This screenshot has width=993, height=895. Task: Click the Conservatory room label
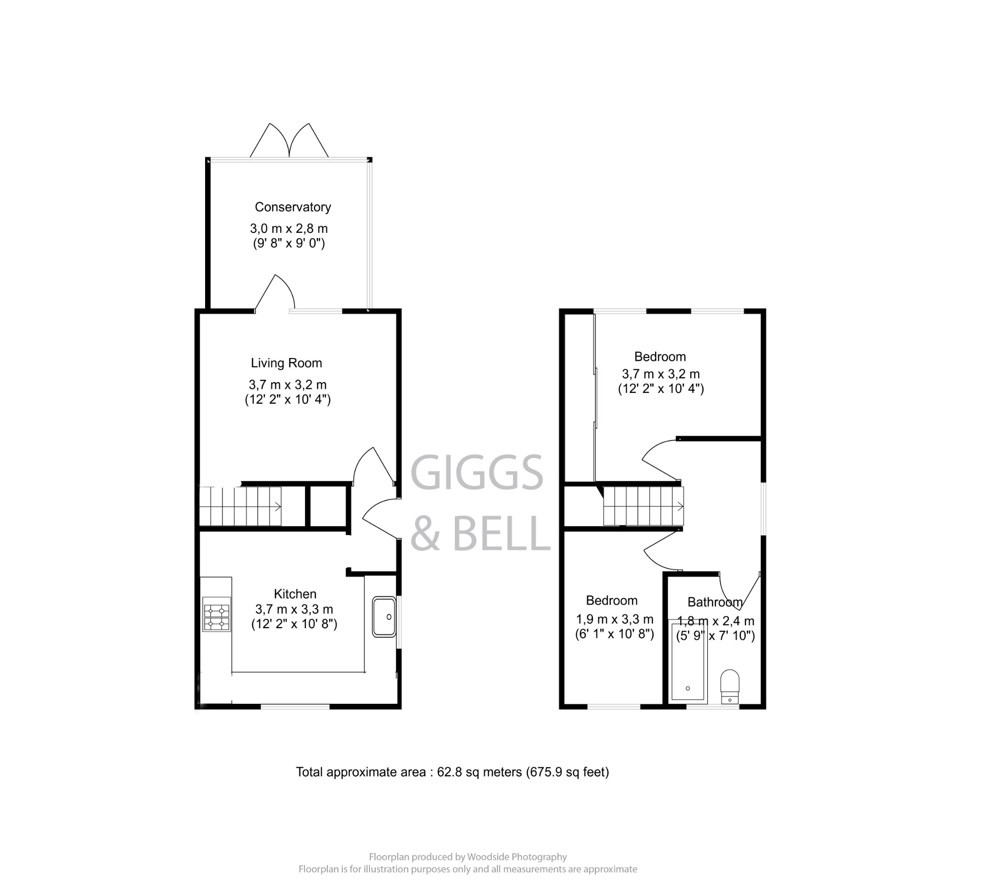tap(292, 207)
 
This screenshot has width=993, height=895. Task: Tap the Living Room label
tap(286, 363)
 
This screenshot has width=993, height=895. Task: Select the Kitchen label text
tap(295, 594)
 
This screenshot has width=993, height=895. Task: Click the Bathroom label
tap(714, 602)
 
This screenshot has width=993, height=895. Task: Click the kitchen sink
tap(384, 617)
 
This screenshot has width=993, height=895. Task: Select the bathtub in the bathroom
tap(688, 661)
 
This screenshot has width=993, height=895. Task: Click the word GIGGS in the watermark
tap(476, 472)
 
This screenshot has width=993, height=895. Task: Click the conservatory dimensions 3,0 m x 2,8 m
tap(288, 228)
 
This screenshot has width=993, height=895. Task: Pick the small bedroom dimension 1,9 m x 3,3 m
tap(614, 619)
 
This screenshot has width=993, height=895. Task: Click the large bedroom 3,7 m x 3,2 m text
tap(660, 374)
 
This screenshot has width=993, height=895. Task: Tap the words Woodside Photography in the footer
tap(516, 857)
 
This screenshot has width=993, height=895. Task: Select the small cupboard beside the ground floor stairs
tap(328, 506)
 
